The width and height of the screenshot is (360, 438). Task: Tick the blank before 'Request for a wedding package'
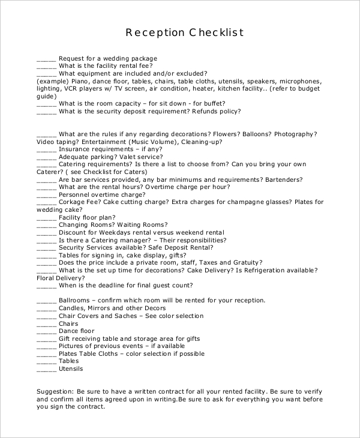(x=46, y=59)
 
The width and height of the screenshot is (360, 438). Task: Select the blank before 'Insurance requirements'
(x=46, y=149)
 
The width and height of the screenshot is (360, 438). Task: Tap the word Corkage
(x=73, y=202)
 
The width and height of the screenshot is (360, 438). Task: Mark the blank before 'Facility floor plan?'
(x=46, y=217)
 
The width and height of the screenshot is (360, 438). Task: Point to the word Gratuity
(x=244, y=262)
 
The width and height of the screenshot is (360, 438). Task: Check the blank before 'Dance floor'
(x=46, y=331)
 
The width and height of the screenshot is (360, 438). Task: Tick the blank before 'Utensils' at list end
(x=46, y=369)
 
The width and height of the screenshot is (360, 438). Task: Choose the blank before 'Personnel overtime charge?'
(x=46, y=195)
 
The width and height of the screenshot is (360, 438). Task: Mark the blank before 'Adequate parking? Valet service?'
(x=46, y=157)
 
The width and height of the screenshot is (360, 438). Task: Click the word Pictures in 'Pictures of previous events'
(x=73, y=346)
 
